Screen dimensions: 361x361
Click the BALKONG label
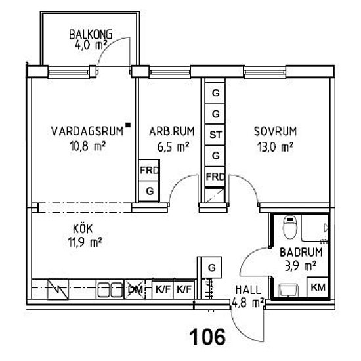pyautogui.click(x=91, y=34)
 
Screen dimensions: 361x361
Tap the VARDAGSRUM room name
pyautogui.click(x=87, y=131)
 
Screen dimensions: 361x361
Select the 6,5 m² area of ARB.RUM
pyautogui.click(x=173, y=146)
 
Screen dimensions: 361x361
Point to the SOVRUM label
pyautogui.click(x=275, y=131)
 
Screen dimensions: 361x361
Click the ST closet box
pyautogui.click(x=215, y=135)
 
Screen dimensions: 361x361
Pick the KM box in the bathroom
pyautogui.click(x=318, y=287)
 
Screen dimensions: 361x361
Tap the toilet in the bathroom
pyautogui.click(x=290, y=227)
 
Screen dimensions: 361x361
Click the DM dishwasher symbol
pyautogui.click(x=135, y=289)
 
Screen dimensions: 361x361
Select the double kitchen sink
pyautogui.click(x=110, y=289)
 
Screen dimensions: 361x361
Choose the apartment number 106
pyautogui.click(x=207, y=337)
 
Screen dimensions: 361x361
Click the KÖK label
pyautogui.click(x=83, y=229)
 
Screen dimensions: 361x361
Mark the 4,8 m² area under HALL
pyautogui.click(x=247, y=303)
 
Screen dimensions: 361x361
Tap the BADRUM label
pyautogui.click(x=301, y=252)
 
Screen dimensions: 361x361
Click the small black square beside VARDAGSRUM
pyautogui.click(x=128, y=125)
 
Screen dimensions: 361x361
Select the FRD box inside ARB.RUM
pyautogui.click(x=149, y=171)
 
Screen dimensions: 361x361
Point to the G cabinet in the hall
pyautogui.click(x=211, y=268)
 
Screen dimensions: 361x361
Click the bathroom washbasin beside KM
pyautogui.click(x=289, y=290)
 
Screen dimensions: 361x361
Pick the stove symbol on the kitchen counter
pyautogui.click(x=58, y=289)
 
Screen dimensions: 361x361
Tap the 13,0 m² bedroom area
pyautogui.click(x=276, y=146)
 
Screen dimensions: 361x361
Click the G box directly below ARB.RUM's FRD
pyautogui.click(x=149, y=191)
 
